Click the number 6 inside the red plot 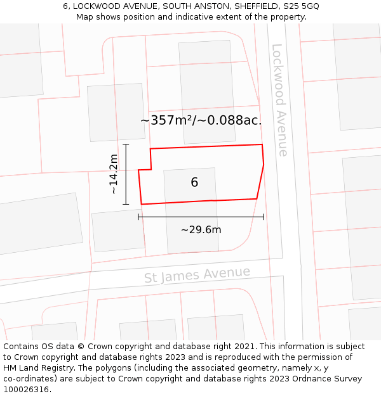coord(194,182)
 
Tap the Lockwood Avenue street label coord(279,99)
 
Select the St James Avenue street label coord(197,275)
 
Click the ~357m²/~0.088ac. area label coord(201,120)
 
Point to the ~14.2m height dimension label coord(114,174)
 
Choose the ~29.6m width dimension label coord(201,229)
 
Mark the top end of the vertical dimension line coord(126,144)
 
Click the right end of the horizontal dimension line coord(264,217)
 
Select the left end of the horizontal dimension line coord(138,217)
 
